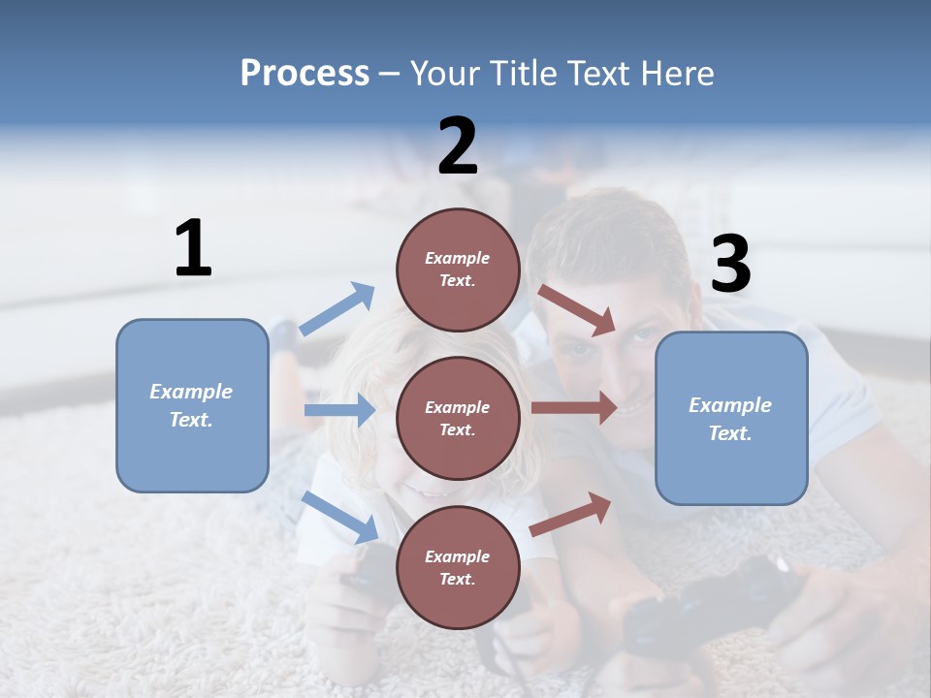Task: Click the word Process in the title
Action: [305, 73]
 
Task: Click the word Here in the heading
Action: [676, 73]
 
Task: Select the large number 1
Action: [193, 248]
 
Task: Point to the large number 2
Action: [458, 146]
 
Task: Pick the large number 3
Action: [730, 265]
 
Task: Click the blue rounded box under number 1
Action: [192, 405]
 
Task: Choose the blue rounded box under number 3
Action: [731, 419]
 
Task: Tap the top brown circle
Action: [458, 270]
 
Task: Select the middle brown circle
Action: [458, 418]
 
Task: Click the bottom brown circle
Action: [458, 567]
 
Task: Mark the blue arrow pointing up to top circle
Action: [337, 309]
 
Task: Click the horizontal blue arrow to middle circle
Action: [339, 410]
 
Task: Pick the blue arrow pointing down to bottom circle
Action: [340, 517]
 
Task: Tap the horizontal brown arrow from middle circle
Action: [574, 407]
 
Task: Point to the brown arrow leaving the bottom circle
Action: [571, 514]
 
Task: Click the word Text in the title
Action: [608, 73]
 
